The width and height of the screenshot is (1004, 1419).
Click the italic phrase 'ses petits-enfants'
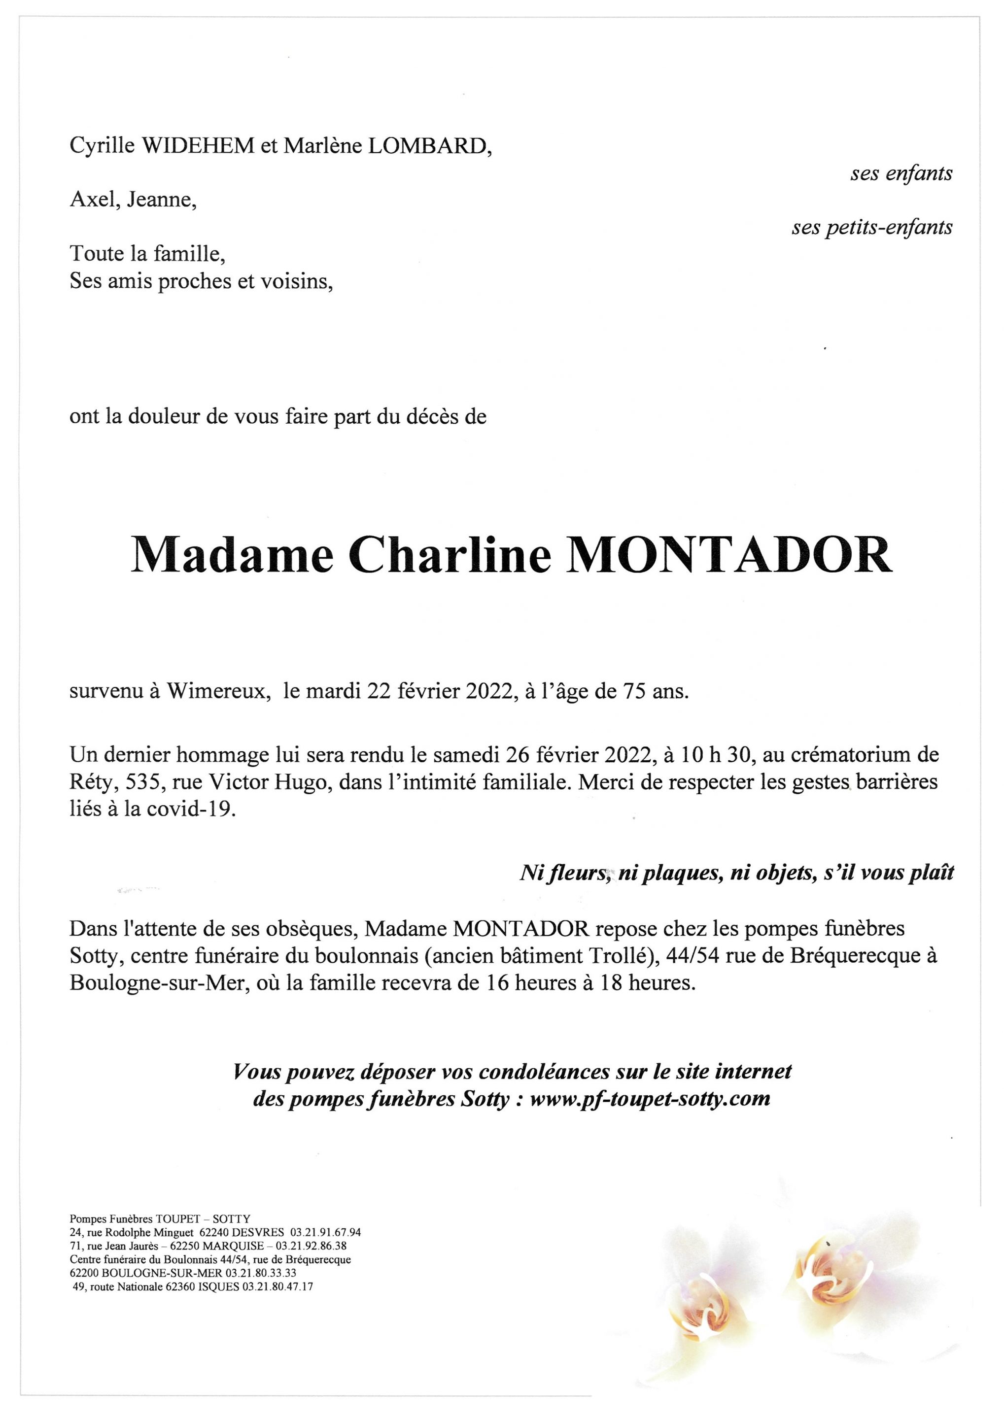(872, 228)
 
